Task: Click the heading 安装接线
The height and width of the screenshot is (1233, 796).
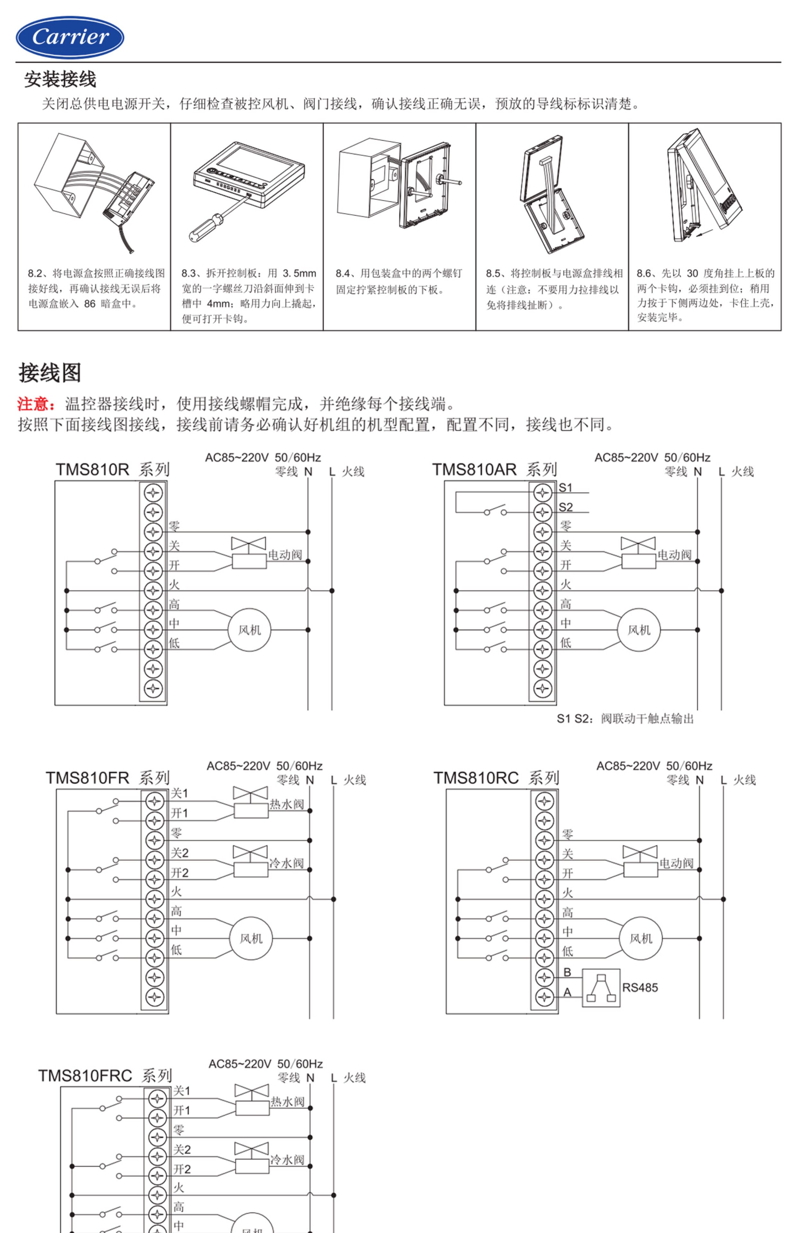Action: pos(60,79)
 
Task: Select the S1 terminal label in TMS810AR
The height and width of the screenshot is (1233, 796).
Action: pos(566,487)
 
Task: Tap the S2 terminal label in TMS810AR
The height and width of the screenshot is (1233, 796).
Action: pos(566,507)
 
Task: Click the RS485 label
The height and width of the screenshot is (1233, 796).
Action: pos(640,987)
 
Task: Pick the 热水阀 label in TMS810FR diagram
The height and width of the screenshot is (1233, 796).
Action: pos(287,804)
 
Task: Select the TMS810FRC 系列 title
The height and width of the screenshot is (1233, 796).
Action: pos(105,1075)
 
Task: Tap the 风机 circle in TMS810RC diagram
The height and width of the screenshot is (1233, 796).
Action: pos(640,938)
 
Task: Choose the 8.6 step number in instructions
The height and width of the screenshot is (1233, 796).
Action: pos(644,274)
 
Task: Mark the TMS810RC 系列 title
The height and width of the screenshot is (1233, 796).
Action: pos(496,778)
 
